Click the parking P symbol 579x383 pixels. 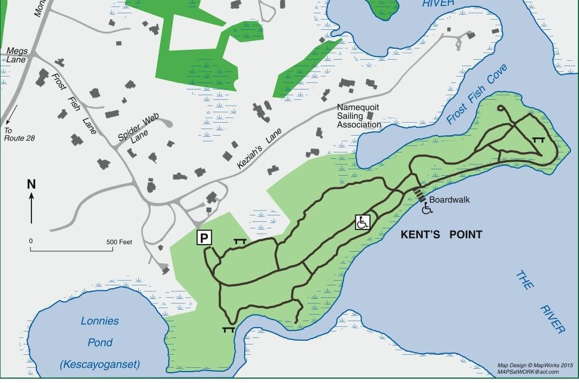click(205, 238)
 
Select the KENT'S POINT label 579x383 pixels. click(441, 234)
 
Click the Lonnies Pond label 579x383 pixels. click(100, 321)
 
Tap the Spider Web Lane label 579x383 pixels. click(136, 131)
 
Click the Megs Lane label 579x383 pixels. click(16, 55)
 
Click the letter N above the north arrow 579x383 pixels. click(31, 184)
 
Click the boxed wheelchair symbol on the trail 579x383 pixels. click(362, 222)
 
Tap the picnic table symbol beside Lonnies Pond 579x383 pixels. click(228, 329)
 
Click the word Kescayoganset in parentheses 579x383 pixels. click(99, 364)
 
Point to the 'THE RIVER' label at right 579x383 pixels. click(540, 301)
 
